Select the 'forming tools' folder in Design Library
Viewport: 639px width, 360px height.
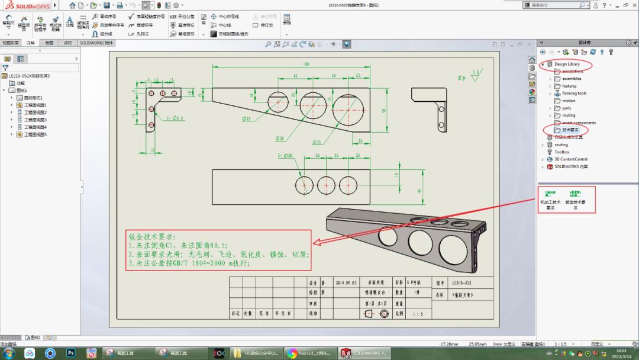point(574,93)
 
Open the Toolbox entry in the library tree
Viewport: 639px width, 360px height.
point(561,152)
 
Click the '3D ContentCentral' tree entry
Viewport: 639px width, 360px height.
point(571,159)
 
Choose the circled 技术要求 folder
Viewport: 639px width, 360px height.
point(570,130)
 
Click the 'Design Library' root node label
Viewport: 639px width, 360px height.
point(567,64)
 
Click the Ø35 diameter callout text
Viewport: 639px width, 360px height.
point(317,143)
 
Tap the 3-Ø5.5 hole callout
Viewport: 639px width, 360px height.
point(175,118)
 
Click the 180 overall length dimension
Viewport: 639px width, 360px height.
point(306,64)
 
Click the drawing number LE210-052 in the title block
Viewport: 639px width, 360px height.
point(462,284)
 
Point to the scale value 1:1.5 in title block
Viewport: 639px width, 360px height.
point(418,314)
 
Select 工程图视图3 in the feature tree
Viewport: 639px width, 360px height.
point(35,120)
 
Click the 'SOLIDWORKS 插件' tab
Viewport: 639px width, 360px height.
point(96,43)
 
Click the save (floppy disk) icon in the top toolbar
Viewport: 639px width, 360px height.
point(106,5)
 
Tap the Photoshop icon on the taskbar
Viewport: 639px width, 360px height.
point(70,353)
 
